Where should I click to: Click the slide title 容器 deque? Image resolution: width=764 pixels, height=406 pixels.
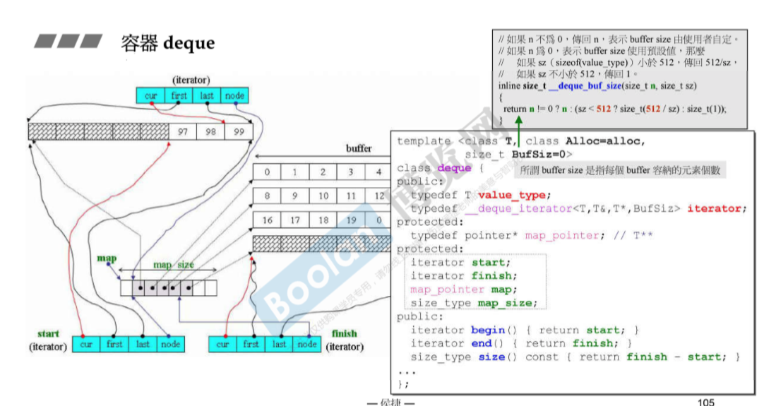pyautogui.click(x=167, y=42)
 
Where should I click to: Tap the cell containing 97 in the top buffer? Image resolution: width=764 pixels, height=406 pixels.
pyautogui.click(x=183, y=132)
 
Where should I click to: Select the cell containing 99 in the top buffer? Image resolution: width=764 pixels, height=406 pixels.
pyautogui.click(x=238, y=132)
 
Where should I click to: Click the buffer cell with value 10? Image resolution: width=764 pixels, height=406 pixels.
pyautogui.click(x=323, y=196)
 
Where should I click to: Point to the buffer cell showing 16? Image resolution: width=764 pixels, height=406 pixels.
pyautogui.click(x=267, y=220)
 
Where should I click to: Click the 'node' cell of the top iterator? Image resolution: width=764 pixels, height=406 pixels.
pyautogui.click(x=234, y=96)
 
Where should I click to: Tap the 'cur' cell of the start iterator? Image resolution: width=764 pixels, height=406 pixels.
pyautogui.click(x=86, y=345)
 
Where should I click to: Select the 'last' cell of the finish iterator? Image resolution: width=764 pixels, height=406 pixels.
pyautogui.click(x=280, y=345)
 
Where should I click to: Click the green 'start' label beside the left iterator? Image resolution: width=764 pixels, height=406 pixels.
pyautogui.click(x=49, y=333)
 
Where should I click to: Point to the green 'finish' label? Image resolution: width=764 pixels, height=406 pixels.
pyautogui.click(x=344, y=333)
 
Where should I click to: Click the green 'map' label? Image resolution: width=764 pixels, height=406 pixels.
pyautogui.click(x=107, y=259)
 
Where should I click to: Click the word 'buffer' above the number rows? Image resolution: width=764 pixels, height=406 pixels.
pyautogui.click(x=359, y=149)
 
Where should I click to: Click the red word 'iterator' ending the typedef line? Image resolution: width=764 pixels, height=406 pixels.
pyautogui.click(x=714, y=208)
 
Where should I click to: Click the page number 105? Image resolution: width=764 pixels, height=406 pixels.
pyautogui.click(x=705, y=402)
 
